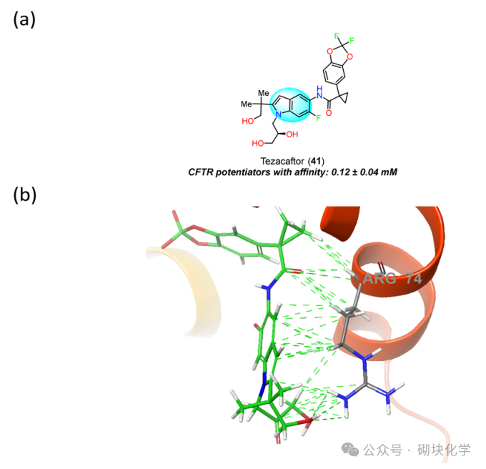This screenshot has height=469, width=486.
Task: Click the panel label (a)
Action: tap(24, 20)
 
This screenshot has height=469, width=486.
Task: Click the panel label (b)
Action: tap(24, 194)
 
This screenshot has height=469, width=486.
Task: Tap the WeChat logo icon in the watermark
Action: tap(349, 449)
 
